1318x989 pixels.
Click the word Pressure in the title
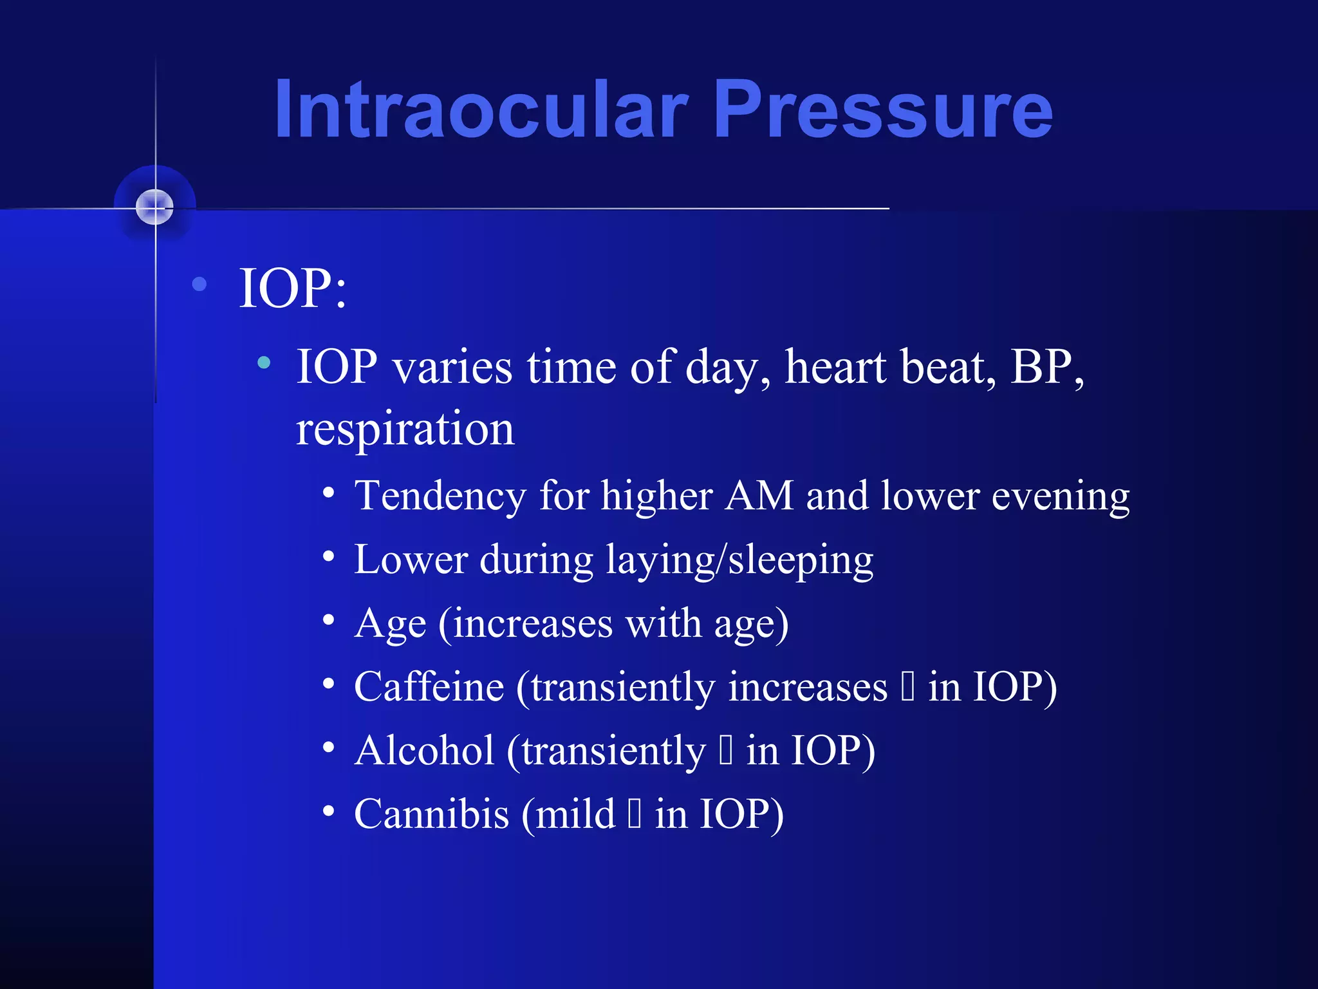click(883, 109)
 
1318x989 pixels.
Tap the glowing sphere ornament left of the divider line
click(155, 207)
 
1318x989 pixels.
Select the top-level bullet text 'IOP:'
click(293, 288)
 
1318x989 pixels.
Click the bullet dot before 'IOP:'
click(200, 284)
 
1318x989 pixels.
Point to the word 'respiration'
click(405, 429)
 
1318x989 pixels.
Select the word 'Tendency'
click(441, 497)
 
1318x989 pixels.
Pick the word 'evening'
click(1060, 497)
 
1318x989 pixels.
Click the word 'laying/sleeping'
click(739, 560)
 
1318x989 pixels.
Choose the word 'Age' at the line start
click(390, 625)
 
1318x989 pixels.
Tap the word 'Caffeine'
click(429, 686)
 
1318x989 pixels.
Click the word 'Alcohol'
click(425, 751)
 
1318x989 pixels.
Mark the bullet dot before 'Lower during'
click(329, 556)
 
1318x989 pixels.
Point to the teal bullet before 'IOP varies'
click(264, 363)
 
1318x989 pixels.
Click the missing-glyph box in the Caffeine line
click(907, 686)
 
